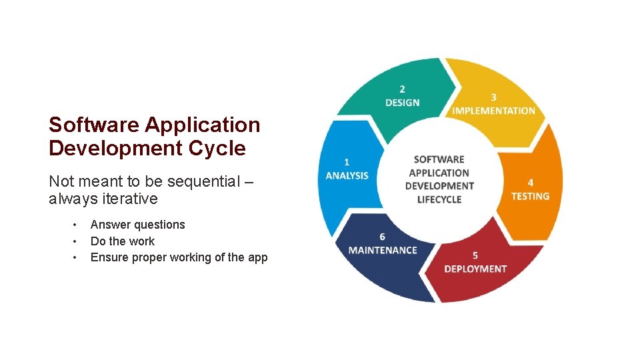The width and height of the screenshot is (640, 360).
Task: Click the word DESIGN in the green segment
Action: point(403,103)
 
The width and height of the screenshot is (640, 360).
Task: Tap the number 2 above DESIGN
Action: point(402,89)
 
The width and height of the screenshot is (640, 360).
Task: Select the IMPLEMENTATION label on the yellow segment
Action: point(493,111)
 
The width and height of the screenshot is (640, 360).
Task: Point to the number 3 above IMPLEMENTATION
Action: point(493,97)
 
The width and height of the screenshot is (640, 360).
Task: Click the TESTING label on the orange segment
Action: point(530,196)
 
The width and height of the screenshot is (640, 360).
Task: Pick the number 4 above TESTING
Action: point(530,182)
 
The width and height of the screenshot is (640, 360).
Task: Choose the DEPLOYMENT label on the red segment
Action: point(475,269)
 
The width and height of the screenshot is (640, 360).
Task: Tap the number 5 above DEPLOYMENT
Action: point(475,255)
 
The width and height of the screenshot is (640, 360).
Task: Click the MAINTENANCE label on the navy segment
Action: point(383,250)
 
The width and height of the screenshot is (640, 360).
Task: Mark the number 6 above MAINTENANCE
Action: point(382,237)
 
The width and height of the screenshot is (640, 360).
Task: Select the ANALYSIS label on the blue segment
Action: point(347,175)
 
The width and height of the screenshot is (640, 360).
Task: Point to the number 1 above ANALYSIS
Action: point(347,161)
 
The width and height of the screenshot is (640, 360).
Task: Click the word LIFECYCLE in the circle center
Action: point(439,199)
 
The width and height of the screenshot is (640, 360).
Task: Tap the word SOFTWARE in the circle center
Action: point(439,159)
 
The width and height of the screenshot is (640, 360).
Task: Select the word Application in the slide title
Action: point(202,125)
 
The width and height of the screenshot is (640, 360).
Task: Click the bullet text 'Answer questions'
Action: point(137,225)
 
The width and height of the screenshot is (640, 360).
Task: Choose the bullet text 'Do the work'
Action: point(122,241)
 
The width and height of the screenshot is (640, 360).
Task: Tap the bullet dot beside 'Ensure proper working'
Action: point(75,257)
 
